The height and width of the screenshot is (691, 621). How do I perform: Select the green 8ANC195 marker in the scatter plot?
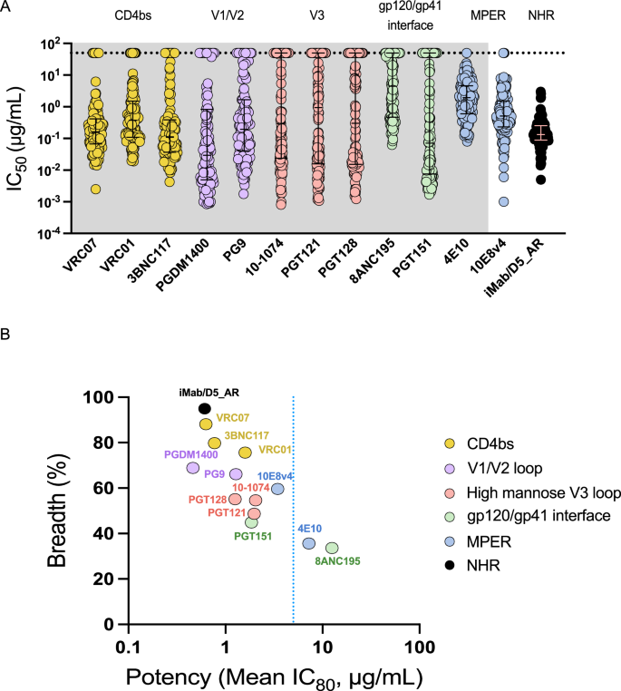(332, 549)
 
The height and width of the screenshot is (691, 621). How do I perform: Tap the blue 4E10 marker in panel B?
(309, 543)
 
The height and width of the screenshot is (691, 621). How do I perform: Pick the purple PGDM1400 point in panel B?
(192, 468)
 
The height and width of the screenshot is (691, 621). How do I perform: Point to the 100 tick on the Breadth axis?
(99, 397)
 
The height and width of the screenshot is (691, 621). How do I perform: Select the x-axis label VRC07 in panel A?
(81, 264)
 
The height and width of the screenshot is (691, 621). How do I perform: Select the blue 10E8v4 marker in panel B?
(277, 489)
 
